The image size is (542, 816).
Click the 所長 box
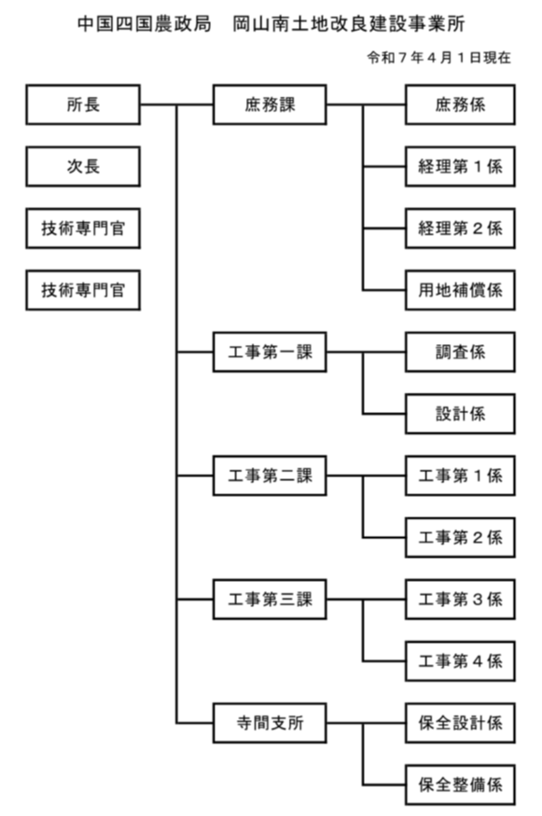(x=83, y=104)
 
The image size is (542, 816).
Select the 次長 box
(x=83, y=167)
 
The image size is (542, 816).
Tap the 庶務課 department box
(x=270, y=104)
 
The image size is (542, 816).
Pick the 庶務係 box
(x=460, y=104)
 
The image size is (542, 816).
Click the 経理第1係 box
(x=460, y=167)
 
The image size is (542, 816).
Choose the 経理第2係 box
(x=460, y=228)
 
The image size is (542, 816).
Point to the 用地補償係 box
(x=460, y=290)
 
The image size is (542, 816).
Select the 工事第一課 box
(x=270, y=353)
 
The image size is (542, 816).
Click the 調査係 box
(x=460, y=353)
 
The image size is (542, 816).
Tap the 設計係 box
(x=460, y=414)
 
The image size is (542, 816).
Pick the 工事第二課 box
(x=270, y=476)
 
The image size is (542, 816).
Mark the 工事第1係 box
(x=460, y=476)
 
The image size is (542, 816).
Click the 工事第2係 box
(x=460, y=537)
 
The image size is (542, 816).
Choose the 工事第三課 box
(x=270, y=600)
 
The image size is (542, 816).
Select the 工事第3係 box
(x=460, y=600)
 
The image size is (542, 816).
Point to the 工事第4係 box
(x=460, y=661)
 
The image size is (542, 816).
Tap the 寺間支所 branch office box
(x=270, y=723)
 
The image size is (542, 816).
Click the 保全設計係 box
(x=460, y=723)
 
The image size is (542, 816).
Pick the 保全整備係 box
(x=460, y=784)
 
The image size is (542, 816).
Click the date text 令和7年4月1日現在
(x=438, y=58)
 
